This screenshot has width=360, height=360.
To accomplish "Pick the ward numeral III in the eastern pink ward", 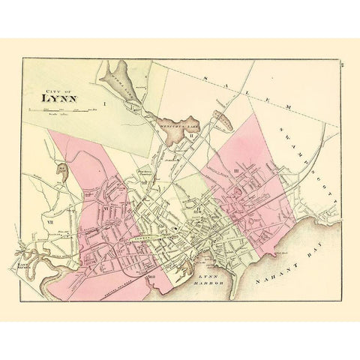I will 236,172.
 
